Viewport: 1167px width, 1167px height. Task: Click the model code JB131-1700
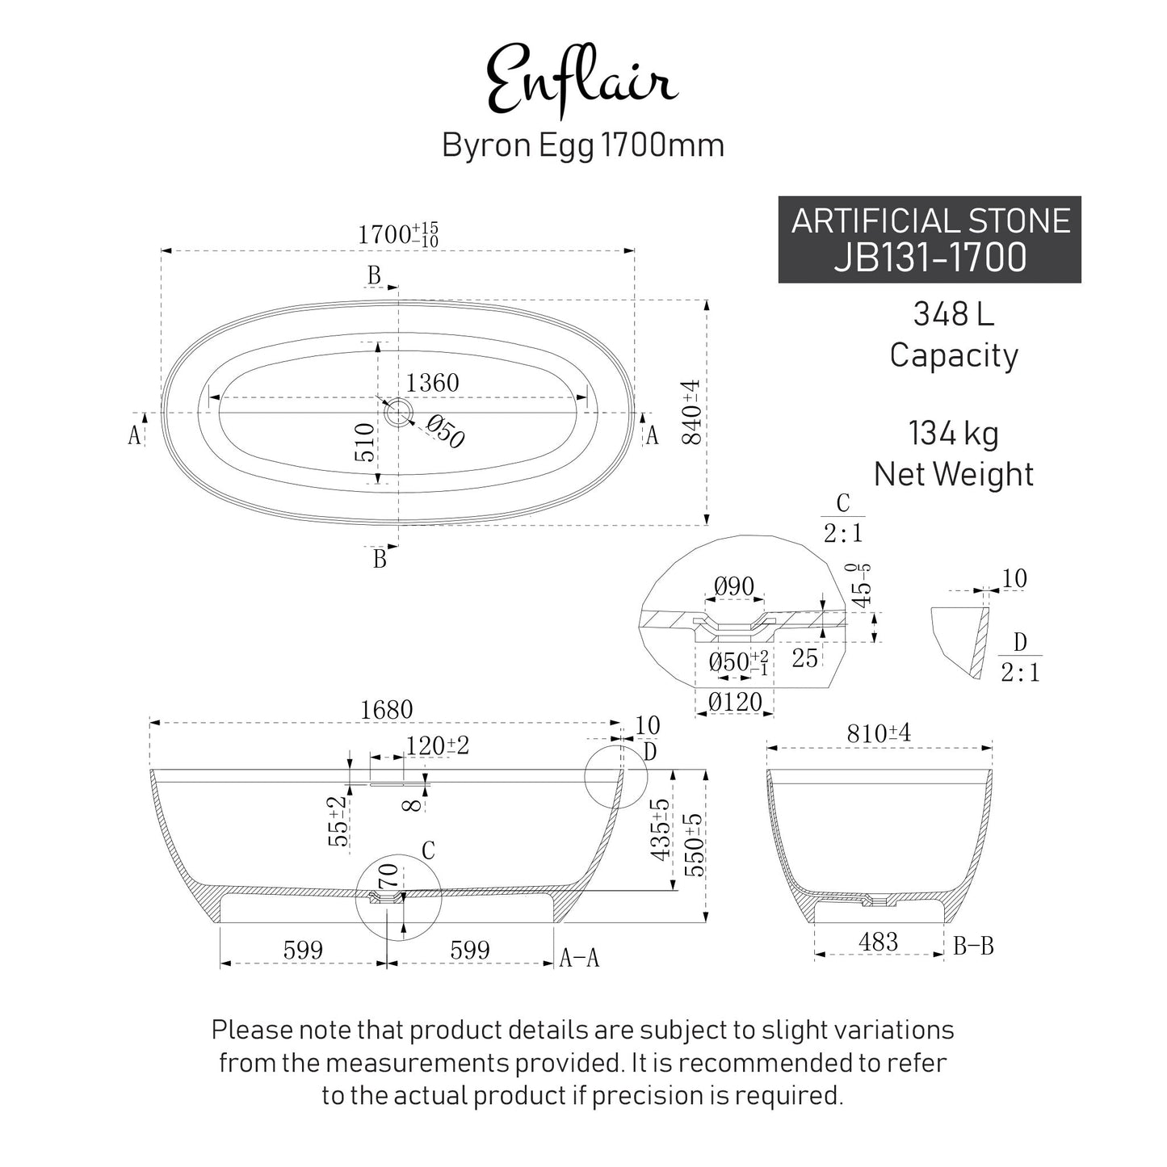coord(930,258)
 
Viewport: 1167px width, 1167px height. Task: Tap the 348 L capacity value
coord(953,313)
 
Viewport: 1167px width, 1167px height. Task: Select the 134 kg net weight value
coord(953,434)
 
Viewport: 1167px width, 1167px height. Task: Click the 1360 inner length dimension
coord(432,383)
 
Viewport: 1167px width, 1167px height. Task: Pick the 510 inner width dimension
coord(365,443)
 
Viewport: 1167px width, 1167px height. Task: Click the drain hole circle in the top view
coord(397,413)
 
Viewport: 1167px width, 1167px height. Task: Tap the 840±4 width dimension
coord(692,412)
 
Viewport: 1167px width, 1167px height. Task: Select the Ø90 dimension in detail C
coord(734,586)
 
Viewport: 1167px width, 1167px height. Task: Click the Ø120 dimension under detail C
coord(735,702)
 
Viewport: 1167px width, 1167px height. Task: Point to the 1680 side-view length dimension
coord(386,709)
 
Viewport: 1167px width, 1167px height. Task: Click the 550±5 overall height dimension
coord(694,844)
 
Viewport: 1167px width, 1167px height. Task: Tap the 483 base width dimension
coord(878,942)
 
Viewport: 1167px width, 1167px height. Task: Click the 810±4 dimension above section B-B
coord(879,733)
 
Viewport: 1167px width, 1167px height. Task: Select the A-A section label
coord(580,958)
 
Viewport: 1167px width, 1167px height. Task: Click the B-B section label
coord(973,945)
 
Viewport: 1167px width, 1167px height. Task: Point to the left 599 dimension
coord(303,950)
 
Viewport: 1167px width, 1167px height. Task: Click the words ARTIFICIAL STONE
coord(930,220)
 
